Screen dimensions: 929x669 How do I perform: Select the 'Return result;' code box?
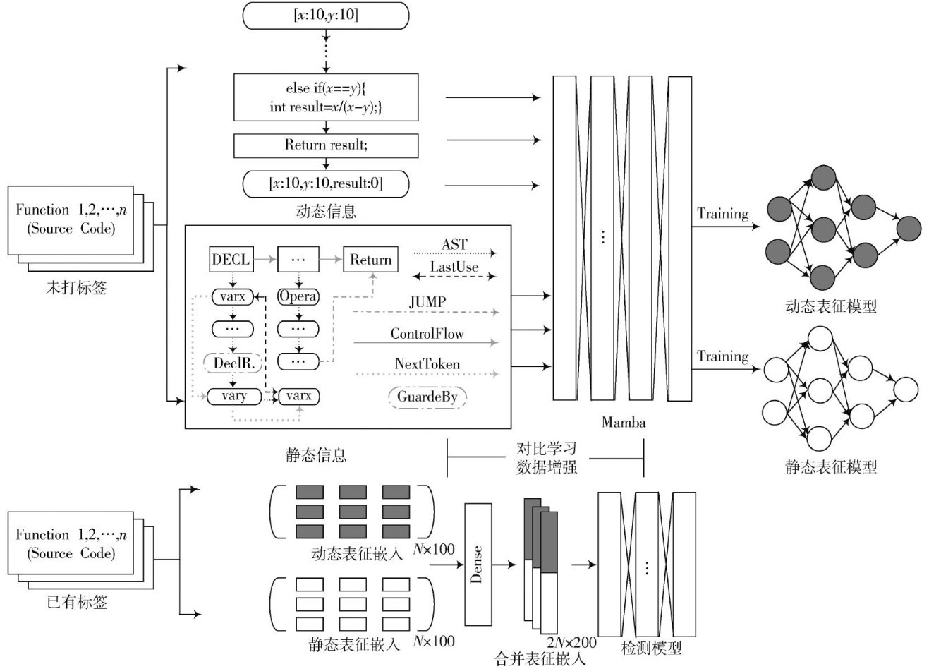click(326, 145)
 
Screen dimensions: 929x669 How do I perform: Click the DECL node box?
click(231, 260)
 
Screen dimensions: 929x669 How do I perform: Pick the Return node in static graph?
click(370, 260)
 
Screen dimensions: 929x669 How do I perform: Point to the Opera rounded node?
click(298, 296)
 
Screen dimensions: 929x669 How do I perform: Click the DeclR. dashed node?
click(233, 363)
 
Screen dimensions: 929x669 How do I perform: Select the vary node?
click(234, 396)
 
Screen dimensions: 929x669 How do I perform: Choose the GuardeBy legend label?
click(427, 397)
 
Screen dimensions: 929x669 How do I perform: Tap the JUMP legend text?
click(427, 302)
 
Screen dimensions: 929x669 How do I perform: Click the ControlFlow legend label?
click(427, 334)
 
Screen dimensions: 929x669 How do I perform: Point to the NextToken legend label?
click(427, 364)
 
